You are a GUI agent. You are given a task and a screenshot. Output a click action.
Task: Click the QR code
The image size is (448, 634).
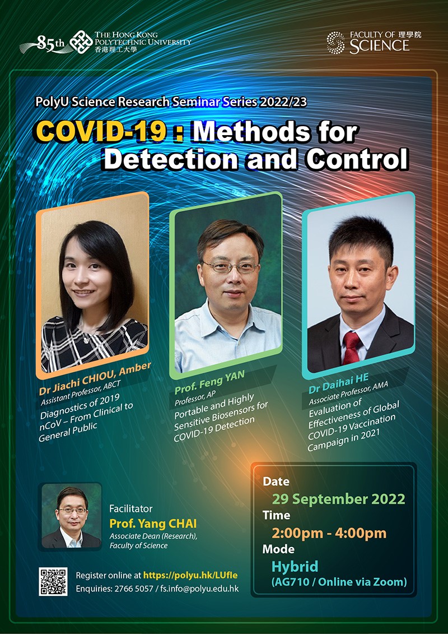pyautogui.click(x=53, y=581)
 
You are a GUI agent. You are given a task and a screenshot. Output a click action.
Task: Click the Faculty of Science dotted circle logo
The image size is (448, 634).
pyautogui.click(x=336, y=43)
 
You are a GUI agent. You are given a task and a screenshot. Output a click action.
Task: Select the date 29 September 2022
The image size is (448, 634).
pyautogui.click(x=338, y=499)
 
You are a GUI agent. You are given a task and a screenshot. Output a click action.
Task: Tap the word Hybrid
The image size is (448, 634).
pyautogui.click(x=295, y=566)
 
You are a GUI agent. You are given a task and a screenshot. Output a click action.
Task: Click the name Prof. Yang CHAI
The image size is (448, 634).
pyautogui.click(x=153, y=524)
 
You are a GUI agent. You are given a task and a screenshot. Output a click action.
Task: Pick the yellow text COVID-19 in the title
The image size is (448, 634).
pyautogui.click(x=101, y=132)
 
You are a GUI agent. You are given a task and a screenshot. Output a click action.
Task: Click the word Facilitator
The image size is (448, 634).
pyautogui.click(x=130, y=509)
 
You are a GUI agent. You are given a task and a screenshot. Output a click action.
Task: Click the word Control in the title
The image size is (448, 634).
pyautogui.click(x=357, y=159)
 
